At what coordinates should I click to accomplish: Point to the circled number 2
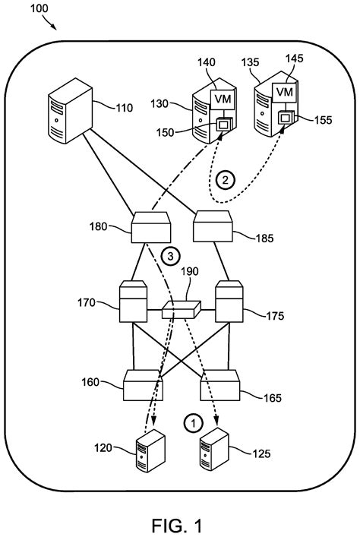coord(224,181)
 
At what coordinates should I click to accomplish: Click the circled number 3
coord(171,256)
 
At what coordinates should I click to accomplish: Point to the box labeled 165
coord(221,387)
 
